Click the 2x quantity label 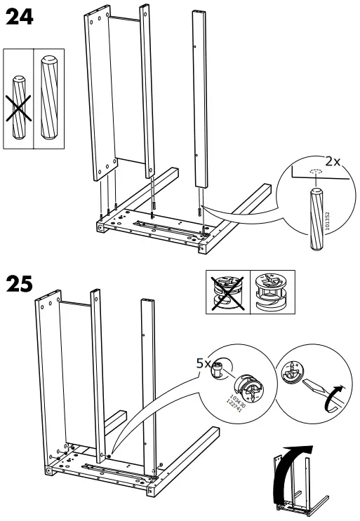(x=332, y=161)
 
